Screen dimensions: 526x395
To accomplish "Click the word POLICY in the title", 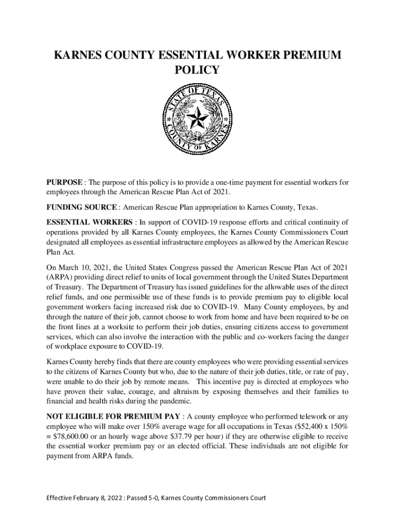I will tap(197, 70).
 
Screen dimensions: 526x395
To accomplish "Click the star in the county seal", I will tap(196, 120).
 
